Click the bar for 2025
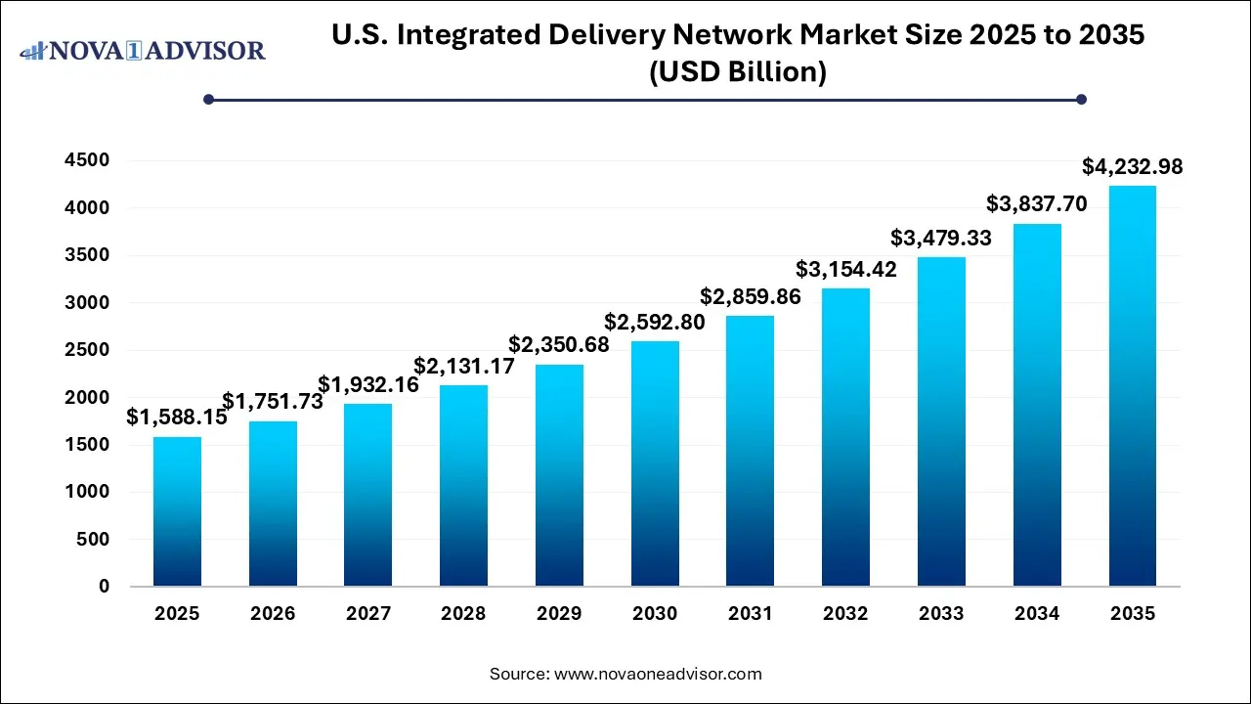[177, 511]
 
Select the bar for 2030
[655, 463]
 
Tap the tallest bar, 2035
[1133, 385]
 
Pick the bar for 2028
[463, 486]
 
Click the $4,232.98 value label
[1132, 167]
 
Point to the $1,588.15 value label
[177, 418]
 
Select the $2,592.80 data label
[655, 322]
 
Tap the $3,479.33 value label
[941, 238]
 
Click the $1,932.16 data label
[368, 385]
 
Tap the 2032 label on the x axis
[845, 614]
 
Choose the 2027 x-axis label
[368, 614]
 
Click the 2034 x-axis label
[1037, 614]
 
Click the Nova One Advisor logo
[143, 50]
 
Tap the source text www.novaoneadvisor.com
[658, 674]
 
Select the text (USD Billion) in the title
[738, 72]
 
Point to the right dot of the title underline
[1081, 99]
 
